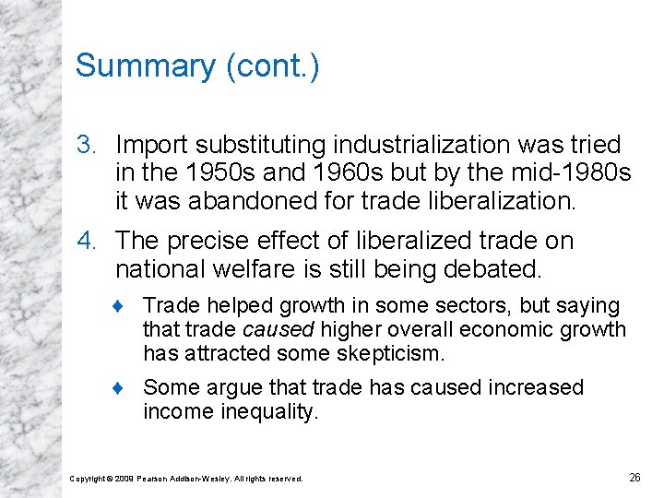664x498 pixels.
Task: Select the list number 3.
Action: click(86, 146)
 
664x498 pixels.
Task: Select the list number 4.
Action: click(86, 242)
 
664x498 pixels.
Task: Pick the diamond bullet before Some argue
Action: click(128, 388)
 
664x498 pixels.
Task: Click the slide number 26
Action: click(634, 477)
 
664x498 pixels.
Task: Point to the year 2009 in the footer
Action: click(124, 479)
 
